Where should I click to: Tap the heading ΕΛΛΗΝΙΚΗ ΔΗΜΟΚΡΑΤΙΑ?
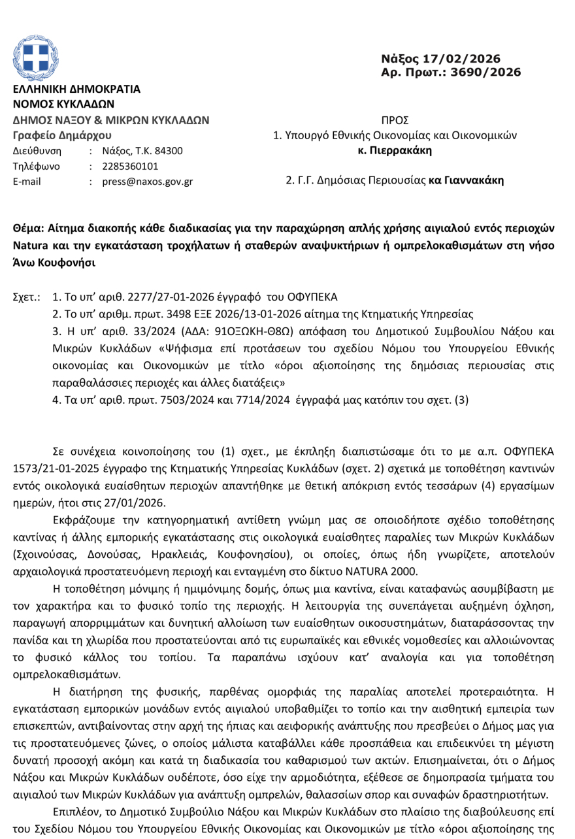click(77, 89)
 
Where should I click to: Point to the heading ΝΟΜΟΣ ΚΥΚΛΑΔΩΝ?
click(63, 103)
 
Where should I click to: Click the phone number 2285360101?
click(130, 166)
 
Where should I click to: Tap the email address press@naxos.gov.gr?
click(147, 181)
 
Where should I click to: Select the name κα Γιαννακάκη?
click(466, 180)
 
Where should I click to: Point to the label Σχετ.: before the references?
click(27, 296)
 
